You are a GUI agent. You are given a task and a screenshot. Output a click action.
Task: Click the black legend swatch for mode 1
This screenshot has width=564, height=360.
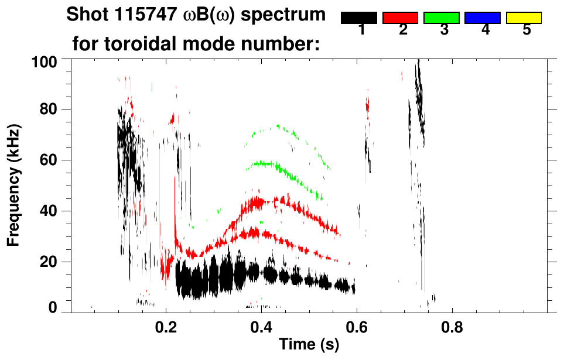point(359,18)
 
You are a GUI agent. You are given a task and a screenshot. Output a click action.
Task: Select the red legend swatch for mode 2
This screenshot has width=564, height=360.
point(400,18)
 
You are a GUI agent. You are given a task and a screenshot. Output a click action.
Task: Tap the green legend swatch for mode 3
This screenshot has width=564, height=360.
point(441,18)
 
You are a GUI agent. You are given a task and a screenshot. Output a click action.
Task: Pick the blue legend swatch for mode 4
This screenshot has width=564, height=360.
point(482,18)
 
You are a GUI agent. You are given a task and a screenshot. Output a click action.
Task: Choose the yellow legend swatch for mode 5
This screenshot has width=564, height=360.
point(523,18)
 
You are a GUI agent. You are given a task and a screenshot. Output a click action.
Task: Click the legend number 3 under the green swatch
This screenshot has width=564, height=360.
point(444,30)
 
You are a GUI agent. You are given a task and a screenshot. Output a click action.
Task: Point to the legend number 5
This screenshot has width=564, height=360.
point(527,30)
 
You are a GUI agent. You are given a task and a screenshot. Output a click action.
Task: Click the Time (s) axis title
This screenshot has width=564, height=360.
point(309,345)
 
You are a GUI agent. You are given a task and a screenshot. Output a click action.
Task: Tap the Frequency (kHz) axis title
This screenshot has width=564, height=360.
point(14,184)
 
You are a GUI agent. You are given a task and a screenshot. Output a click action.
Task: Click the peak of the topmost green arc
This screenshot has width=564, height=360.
point(277,125)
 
